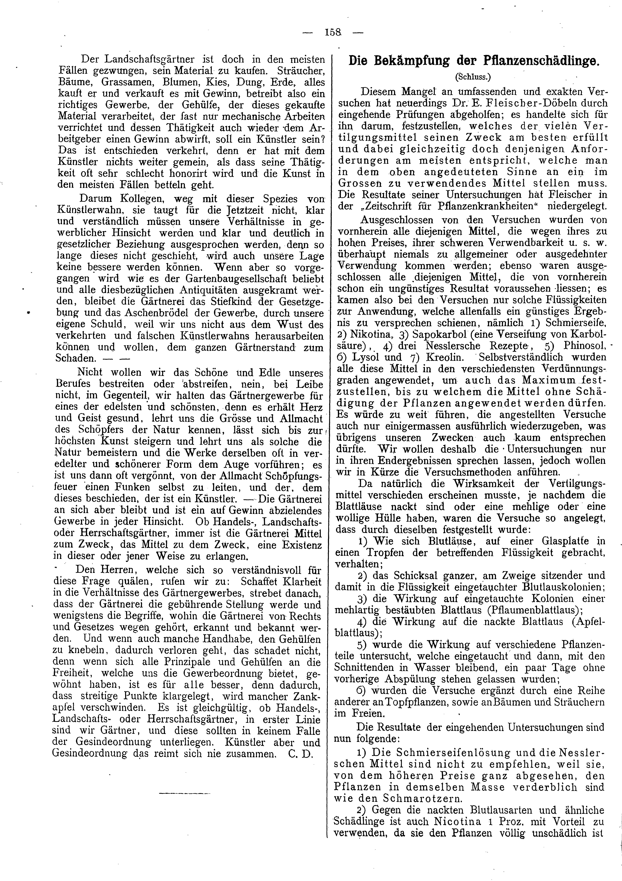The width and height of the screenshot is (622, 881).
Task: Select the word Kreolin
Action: (443, 357)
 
